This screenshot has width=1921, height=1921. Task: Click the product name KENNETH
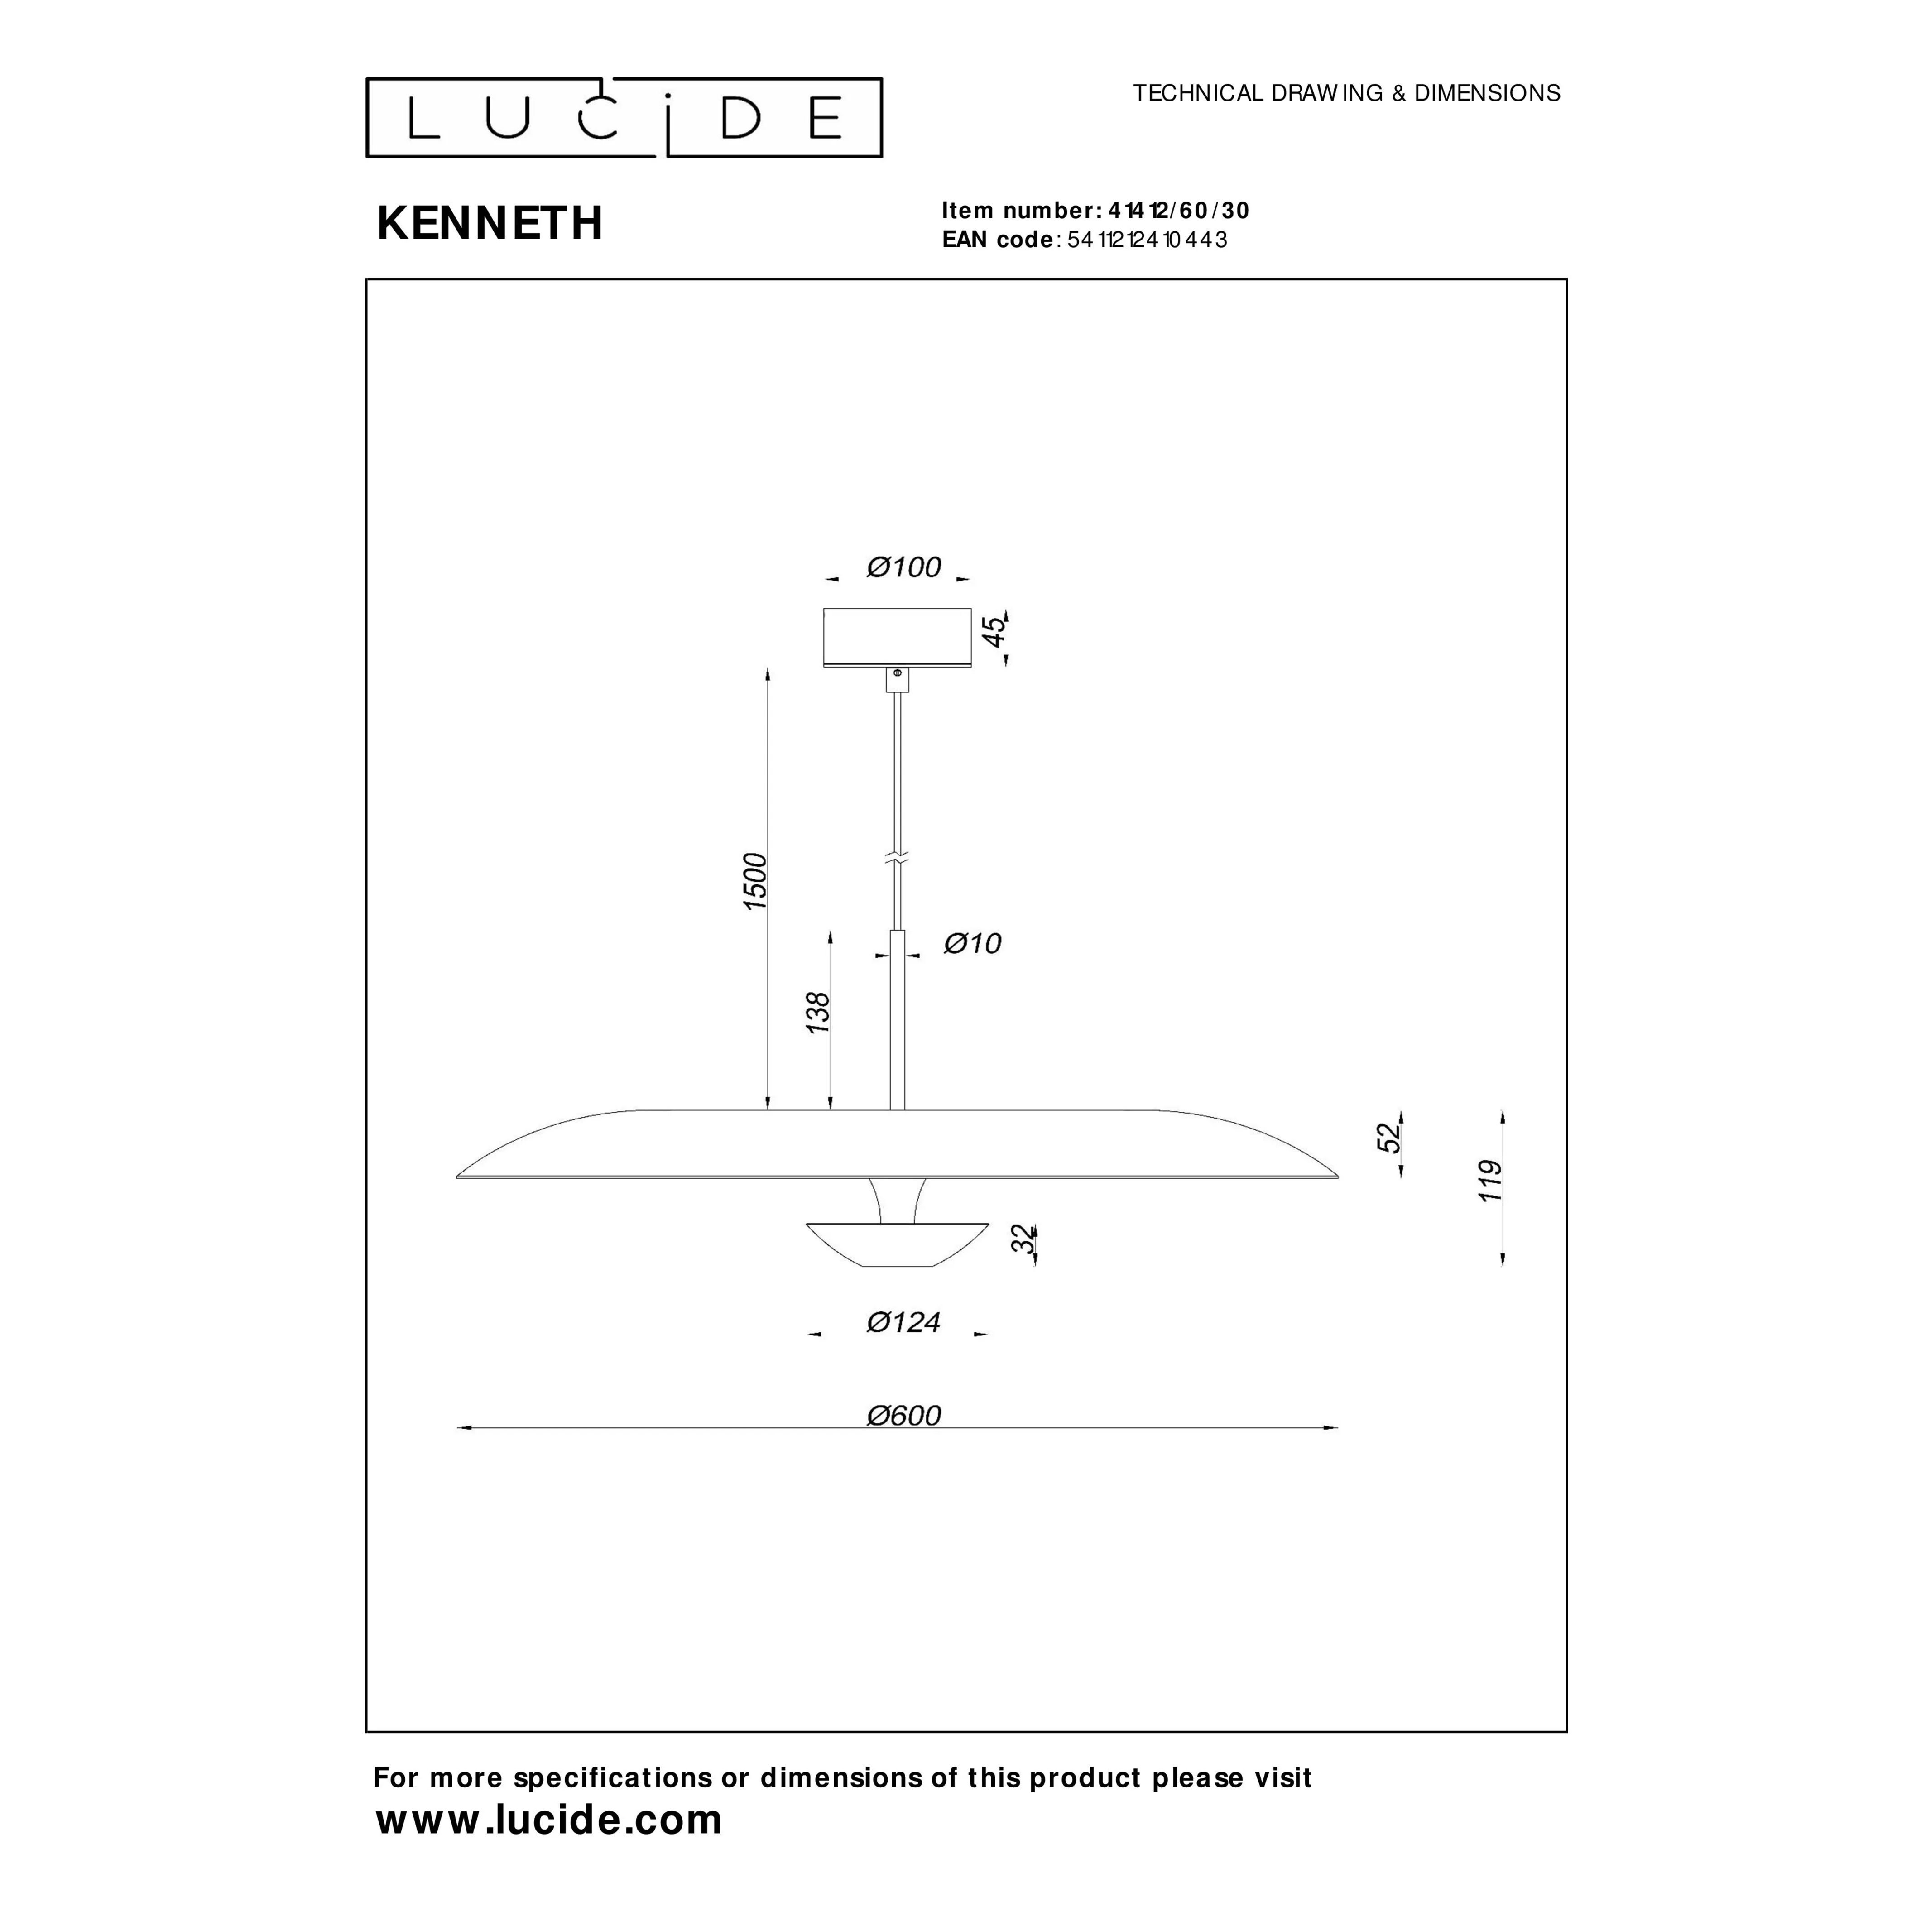[x=490, y=224]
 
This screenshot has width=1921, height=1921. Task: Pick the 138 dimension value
[x=817, y=1012]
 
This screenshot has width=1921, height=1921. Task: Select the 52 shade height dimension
[x=1390, y=1137]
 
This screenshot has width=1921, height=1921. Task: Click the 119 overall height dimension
[x=1489, y=1181]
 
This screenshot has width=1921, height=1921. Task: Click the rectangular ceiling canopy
[x=897, y=637]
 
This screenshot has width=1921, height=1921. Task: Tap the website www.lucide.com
[x=549, y=1819]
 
